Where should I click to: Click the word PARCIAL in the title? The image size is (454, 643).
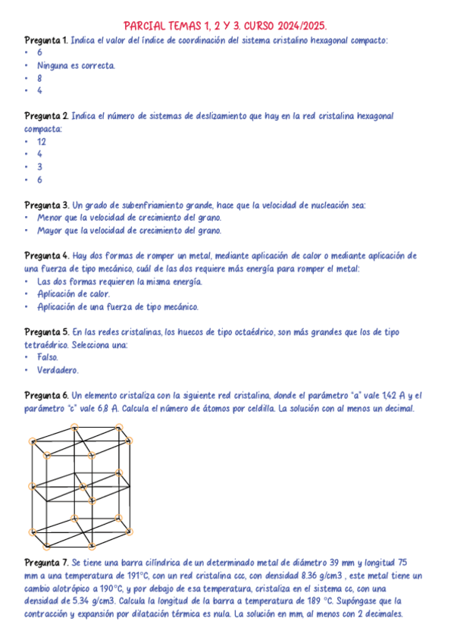[143, 24]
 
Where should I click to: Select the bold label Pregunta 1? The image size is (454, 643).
[46, 39]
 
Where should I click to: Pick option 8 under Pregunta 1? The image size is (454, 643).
[39, 78]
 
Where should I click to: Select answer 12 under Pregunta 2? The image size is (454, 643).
[42, 142]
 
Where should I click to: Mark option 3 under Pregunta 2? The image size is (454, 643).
[39, 167]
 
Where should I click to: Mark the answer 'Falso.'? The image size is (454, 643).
[48, 357]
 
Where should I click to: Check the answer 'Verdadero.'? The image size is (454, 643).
[58, 370]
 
